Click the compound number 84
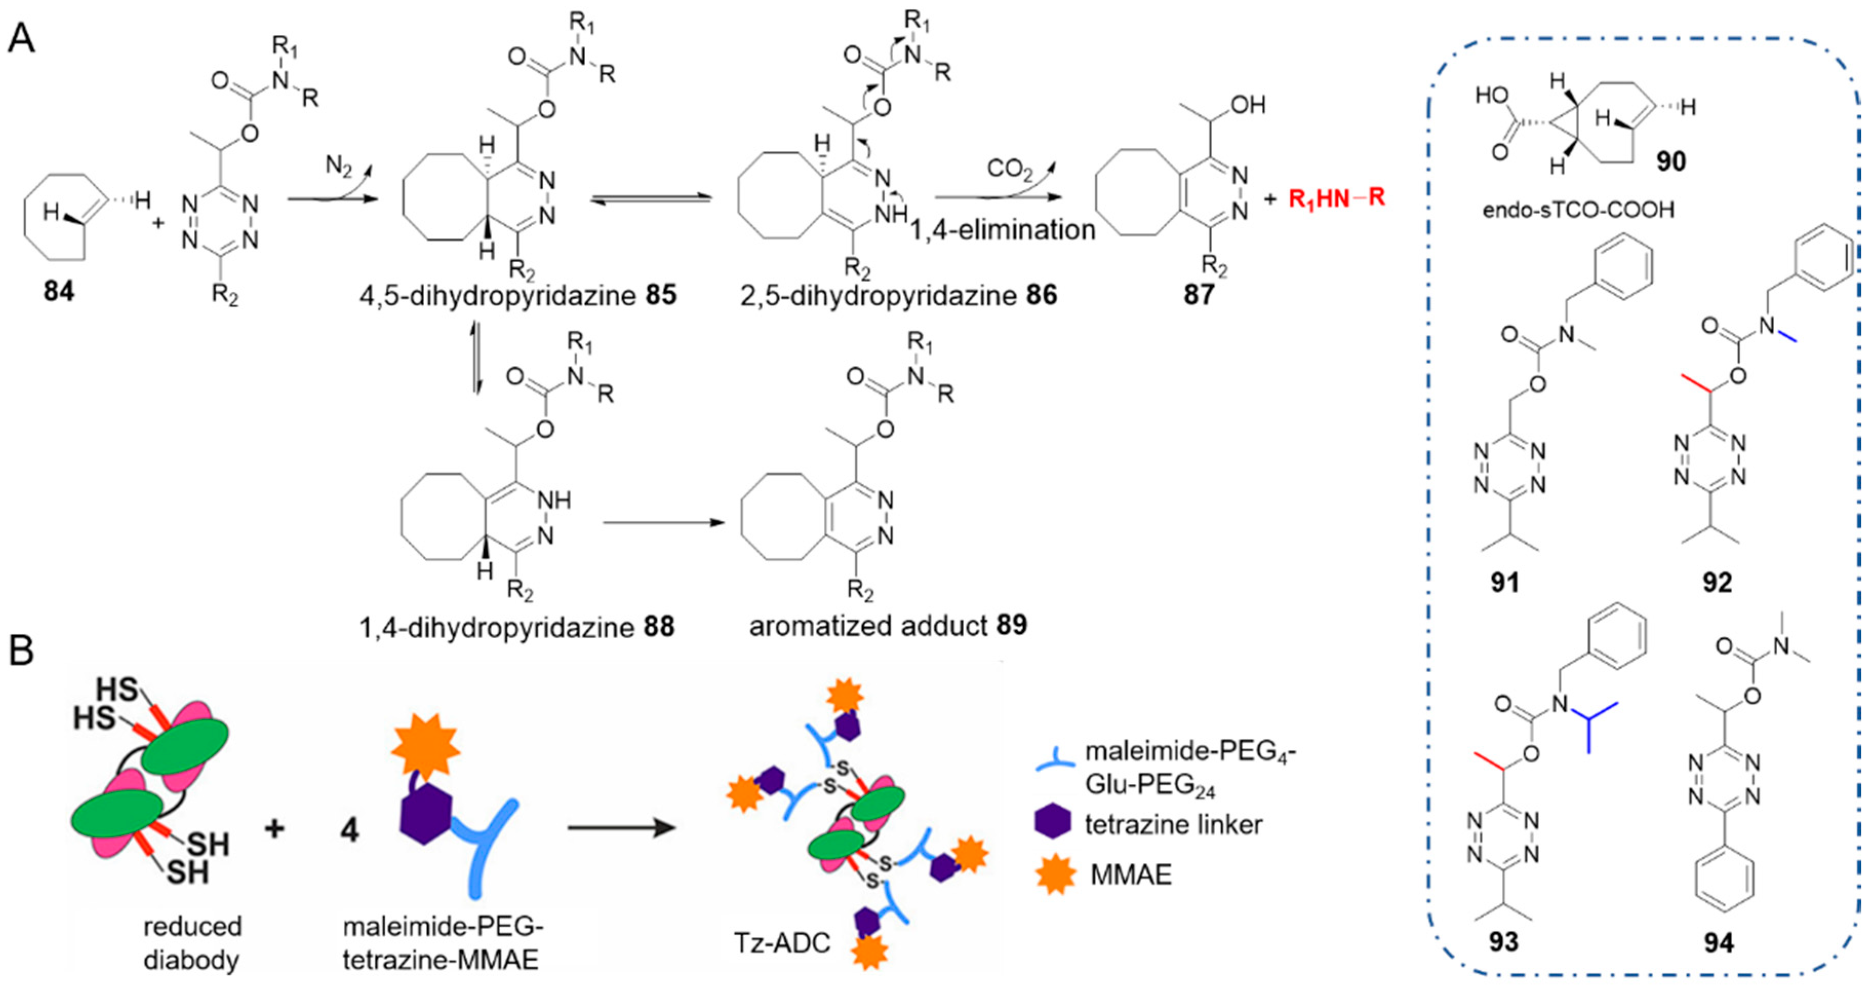coord(59,292)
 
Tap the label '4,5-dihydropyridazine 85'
coord(518,296)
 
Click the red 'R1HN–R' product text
coord(1337,198)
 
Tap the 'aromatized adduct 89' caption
coord(888,625)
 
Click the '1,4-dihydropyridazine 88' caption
coord(516,627)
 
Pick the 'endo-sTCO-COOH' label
coord(1578,210)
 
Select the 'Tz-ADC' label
coord(782,942)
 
